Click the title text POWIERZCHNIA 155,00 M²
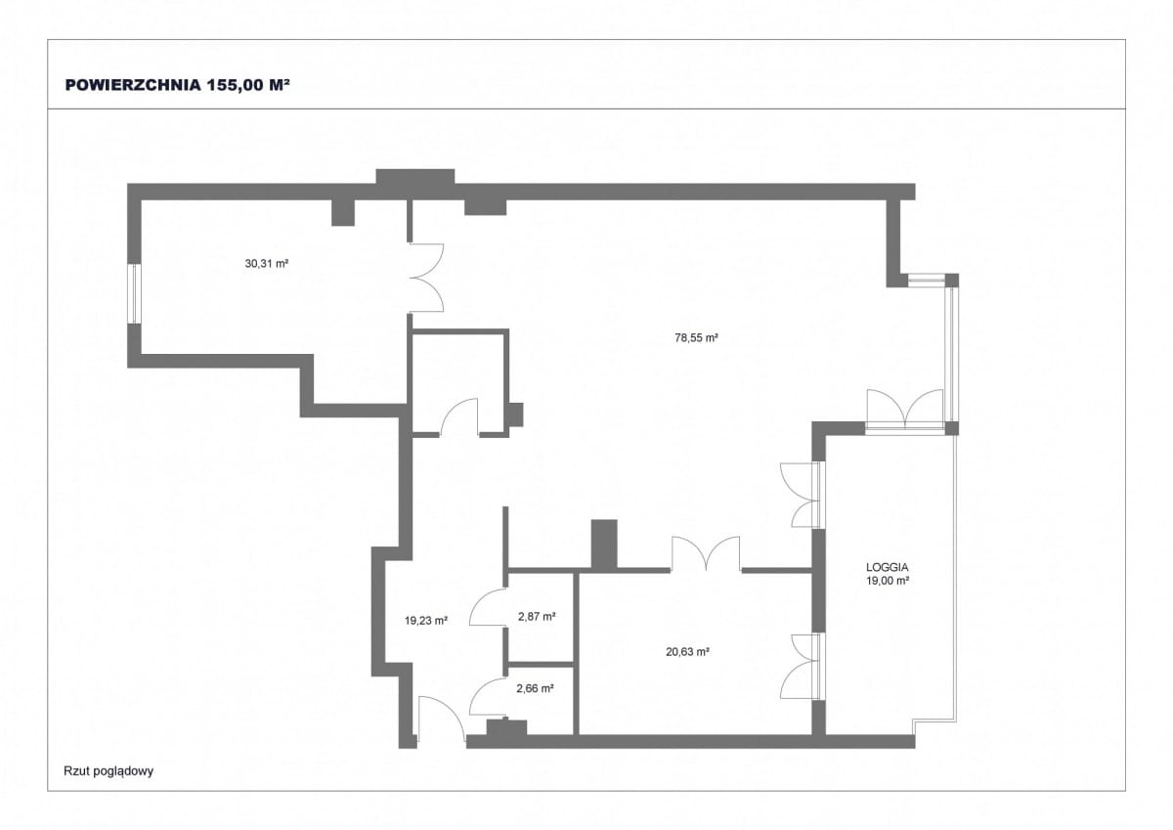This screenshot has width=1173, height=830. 178,85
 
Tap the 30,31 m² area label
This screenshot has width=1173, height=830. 267,263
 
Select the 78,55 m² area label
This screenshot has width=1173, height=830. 696,337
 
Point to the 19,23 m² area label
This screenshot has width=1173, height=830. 426,621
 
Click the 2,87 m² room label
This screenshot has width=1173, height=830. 537,616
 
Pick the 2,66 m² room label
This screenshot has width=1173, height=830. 536,688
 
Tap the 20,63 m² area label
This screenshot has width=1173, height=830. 687,652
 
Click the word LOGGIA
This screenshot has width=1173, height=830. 888,567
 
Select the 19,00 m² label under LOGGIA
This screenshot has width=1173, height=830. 888,580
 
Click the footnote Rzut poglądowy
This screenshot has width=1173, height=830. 109,770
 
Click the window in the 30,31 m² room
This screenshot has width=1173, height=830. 135,293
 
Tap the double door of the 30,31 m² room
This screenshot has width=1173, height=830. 426,278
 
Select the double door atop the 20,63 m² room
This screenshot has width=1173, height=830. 706,553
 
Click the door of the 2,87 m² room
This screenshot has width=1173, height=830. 488,606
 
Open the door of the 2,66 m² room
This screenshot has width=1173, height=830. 488,696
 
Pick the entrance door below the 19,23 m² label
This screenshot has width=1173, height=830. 442,719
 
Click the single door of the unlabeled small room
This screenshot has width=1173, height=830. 459,416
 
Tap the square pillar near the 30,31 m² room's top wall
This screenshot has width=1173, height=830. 343,212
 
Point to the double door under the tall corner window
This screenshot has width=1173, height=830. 905,409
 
